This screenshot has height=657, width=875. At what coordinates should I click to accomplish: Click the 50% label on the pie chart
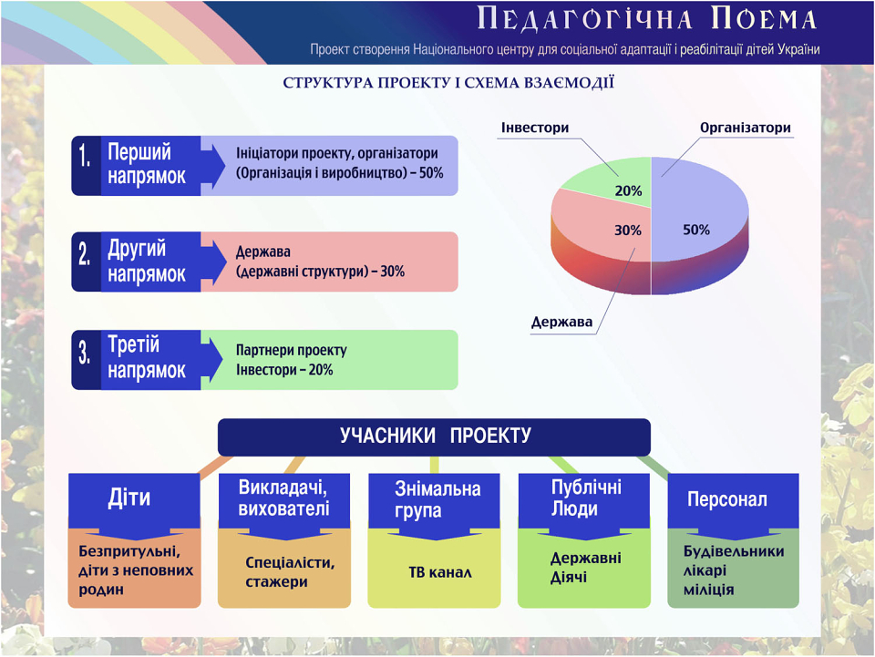point(695,230)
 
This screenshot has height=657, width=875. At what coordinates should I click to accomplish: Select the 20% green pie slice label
point(628,190)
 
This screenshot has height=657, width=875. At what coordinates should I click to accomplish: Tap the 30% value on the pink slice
point(628,231)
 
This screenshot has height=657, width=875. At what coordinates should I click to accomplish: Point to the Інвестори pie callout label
point(535,128)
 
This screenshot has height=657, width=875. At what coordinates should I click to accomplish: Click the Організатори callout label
point(745,128)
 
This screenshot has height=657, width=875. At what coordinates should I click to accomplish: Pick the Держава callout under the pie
point(561,322)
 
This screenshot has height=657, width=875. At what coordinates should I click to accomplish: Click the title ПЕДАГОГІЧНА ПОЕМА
point(647,19)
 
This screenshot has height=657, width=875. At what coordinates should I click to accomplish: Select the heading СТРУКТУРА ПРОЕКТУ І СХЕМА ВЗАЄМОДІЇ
point(448,83)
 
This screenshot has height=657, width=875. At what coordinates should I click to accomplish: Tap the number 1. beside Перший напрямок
point(84,156)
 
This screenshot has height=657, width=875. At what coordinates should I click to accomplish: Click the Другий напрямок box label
point(146,262)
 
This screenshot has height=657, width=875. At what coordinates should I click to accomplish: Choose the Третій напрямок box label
point(146,357)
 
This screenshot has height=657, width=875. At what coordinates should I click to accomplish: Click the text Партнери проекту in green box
point(292,350)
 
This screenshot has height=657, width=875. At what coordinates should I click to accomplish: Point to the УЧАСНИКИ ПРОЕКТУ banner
point(434,436)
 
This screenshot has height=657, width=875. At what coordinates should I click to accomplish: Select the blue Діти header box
point(134,501)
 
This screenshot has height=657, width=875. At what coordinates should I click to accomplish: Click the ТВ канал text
point(439,572)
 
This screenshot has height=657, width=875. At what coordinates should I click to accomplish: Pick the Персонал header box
point(733,501)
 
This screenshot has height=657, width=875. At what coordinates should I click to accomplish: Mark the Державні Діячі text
point(585,567)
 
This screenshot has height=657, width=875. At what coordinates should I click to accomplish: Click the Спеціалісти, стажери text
point(290,571)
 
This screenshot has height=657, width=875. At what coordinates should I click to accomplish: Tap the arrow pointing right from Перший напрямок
point(213,166)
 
